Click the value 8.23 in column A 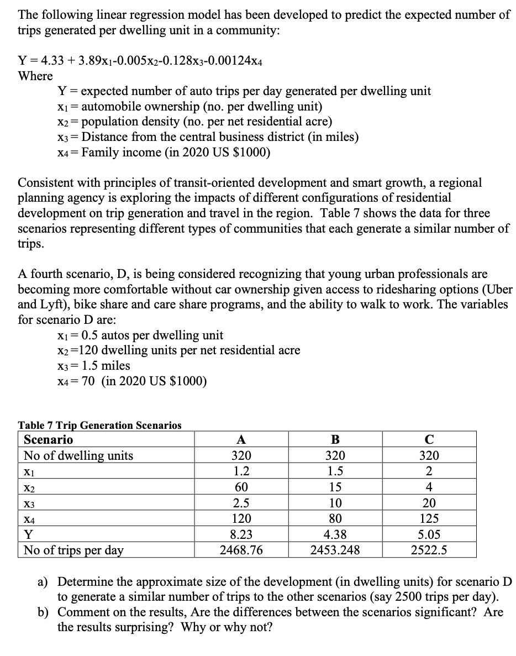pyautogui.click(x=241, y=534)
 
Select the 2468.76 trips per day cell pyautogui.click(x=241, y=550)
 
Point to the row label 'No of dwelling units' pyautogui.click(x=78, y=455)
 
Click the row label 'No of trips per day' pyautogui.click(x=73, y=550)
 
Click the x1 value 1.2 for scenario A pyautogui.click(x=241, y=471)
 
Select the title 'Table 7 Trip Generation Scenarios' pyautogui.click(x=99, y=425)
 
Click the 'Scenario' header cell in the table pyautogui.click(x=49, y=440)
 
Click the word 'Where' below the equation pyautogui.click(x=35, y=76)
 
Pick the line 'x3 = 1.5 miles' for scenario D pyautogui.click(x=93, y=365)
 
